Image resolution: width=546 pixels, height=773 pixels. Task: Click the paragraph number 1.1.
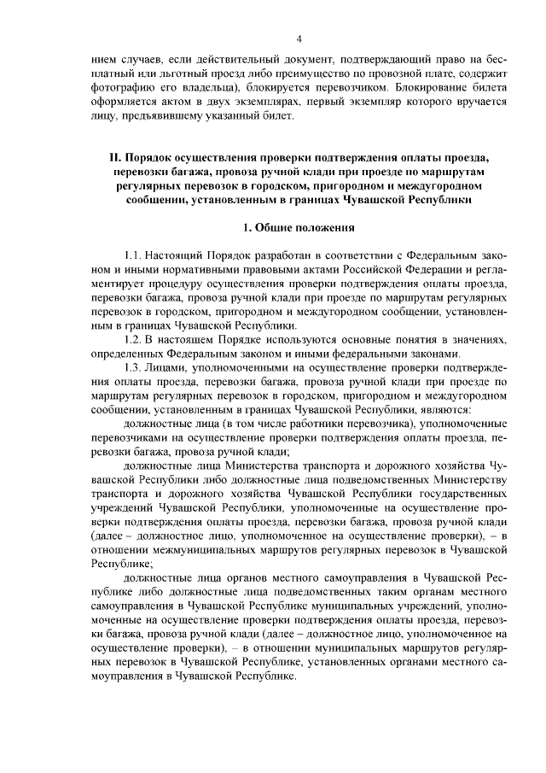click(135, 255)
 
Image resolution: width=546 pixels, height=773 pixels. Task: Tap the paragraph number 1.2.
click(135, 339)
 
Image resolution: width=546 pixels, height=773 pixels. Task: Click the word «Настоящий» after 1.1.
click(177, 255)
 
